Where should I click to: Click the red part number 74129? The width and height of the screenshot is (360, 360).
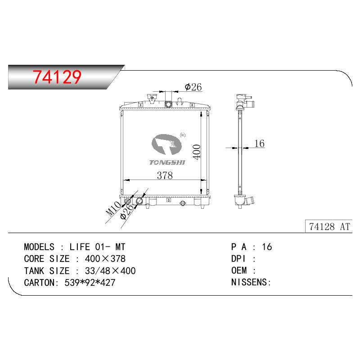pyautogui.click(x=57, y=76)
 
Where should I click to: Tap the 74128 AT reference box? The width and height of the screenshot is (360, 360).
pyautogui.click(x=328, y=226)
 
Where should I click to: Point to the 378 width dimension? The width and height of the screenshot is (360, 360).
pyautogui.click(x=165, y=175)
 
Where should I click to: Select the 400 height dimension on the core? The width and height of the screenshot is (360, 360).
pyautogui.click(x=197, y=152)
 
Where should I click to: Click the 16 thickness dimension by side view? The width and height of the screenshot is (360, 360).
pyautogui.click(x=260, y=144)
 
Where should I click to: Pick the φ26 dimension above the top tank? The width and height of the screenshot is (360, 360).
pyautogui.click(x=193, y=87)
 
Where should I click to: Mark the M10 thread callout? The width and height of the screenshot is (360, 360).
pyautogui.click(x=113, y=208)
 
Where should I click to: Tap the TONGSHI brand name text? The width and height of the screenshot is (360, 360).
pyautogui.click(x=167, y=162)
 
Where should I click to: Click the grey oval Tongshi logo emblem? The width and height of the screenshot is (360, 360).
pyautogui.click(x=166, y=144)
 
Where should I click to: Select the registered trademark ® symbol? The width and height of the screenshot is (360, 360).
pyautogui.click(x=183, y=135)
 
